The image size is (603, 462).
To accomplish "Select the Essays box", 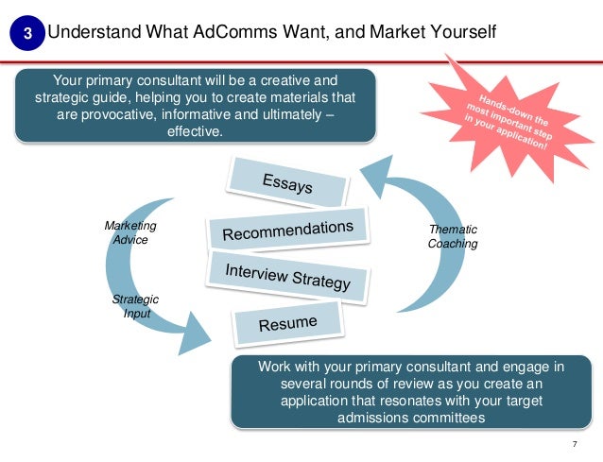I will (x=286, y=182).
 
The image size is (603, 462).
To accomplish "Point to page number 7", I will (x=575, y=442).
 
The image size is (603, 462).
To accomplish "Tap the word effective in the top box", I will (x=196, y=132).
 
